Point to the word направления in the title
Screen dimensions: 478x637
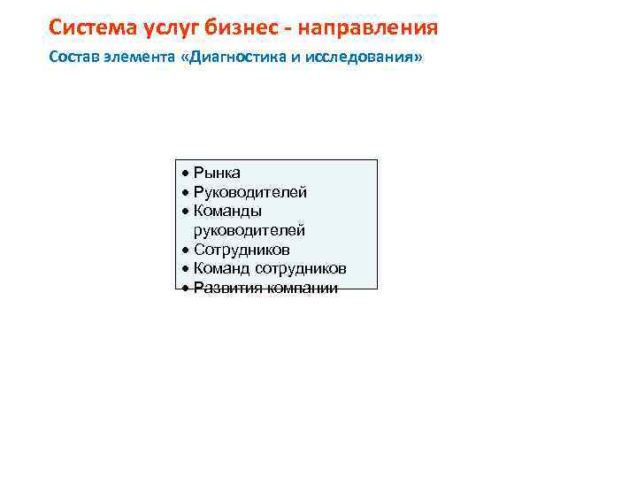click(x=368, y=28)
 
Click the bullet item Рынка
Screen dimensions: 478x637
click(x=217, y=173)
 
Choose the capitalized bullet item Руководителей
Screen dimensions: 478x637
click(x=249, y=192)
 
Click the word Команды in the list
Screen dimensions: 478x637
click(x=227, y=212)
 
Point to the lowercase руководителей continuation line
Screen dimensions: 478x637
click(x=249, y=231)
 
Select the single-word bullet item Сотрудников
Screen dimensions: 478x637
click(x=242, y=251)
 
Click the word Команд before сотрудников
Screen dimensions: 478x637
click(x=222, y=269)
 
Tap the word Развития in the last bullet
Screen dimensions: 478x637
click(x=227, y=289)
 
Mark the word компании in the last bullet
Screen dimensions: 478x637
click(x=302, y=289)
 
